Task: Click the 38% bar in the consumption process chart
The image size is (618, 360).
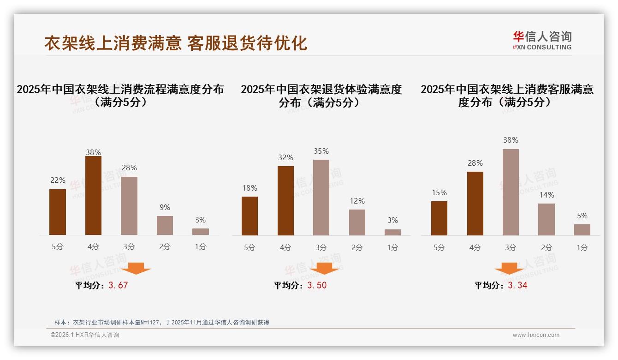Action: point(93,196)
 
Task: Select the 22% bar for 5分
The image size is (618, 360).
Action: point(58,212)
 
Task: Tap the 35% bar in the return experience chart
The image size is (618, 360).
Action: point(321,198)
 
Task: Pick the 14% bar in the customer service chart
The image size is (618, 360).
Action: point(547,219)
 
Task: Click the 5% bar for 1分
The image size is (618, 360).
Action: point(582,230)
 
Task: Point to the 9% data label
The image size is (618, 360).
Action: point(165,208)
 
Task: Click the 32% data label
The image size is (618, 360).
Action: point(285,158)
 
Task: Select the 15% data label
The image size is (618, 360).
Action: point(439,193)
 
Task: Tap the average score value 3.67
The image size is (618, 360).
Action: point(118,285)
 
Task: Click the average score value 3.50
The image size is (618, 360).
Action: point(317,285)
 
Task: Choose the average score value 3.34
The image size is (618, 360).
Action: point(517,285)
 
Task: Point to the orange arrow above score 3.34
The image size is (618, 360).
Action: point(509,268)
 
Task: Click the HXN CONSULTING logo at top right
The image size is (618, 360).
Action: point(542,40)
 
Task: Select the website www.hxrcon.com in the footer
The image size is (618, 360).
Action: point(536,335)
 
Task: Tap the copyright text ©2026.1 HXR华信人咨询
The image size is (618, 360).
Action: point(85,335)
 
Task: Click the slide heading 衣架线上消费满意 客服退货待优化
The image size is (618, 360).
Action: point(176,43)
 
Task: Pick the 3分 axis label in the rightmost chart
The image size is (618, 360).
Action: point(511,247)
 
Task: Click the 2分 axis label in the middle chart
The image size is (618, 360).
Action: point(357,247)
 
